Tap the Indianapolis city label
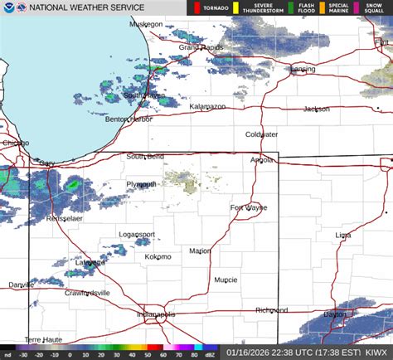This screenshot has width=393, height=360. [x=156, y=314]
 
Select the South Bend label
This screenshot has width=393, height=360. [x=144, y=157]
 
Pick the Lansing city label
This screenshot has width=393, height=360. [x=302, y=69]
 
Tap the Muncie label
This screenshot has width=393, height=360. [x=226, y=280]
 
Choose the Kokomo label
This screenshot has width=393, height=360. [x=158, y=257]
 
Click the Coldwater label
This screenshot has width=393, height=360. [x=261, y=134]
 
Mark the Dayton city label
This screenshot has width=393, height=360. [x=335, y=314]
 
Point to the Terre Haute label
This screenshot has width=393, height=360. [x=43, y=339]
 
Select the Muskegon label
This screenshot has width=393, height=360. [x=146, y=24]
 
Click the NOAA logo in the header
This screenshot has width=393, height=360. [x=8, y=8]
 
